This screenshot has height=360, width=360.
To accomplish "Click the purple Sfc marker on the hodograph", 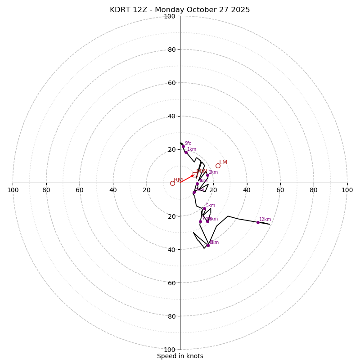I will click(x=183, y=146).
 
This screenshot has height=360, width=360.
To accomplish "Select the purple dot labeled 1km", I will click(x=186, y=152).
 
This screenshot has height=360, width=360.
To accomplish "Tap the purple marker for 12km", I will click(x=258, y=222).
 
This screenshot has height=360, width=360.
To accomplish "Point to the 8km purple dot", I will click(x=208, y=245).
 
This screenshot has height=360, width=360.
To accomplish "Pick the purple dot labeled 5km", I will click(x=204, y=208).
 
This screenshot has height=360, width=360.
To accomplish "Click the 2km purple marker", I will click(x=207, y=175).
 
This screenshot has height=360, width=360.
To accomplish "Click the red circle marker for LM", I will click(x=218, y=166).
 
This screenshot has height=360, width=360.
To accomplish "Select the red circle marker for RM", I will click(x=172, y=183).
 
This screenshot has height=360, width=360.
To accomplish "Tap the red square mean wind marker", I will click(x=195, y=175).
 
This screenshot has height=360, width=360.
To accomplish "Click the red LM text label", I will click(x=223, y=162).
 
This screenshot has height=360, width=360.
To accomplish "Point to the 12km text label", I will click(x=265, y=220).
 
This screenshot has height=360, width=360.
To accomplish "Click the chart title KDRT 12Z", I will click(x=180, y=10).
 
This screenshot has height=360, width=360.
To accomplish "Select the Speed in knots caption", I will click(x=180, y=356).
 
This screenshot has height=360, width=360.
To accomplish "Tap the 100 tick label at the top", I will click(x=170, y=16).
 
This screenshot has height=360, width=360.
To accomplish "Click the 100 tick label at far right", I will click(x=347, y=190).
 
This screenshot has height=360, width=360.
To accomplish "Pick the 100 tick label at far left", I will click(x=13, y=190).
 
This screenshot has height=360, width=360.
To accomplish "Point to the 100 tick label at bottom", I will click(x=170, y=349).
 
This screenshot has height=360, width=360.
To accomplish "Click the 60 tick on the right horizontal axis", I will click(x=280, y=190).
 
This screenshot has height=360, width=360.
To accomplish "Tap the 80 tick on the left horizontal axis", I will click(x=46, y=190).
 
